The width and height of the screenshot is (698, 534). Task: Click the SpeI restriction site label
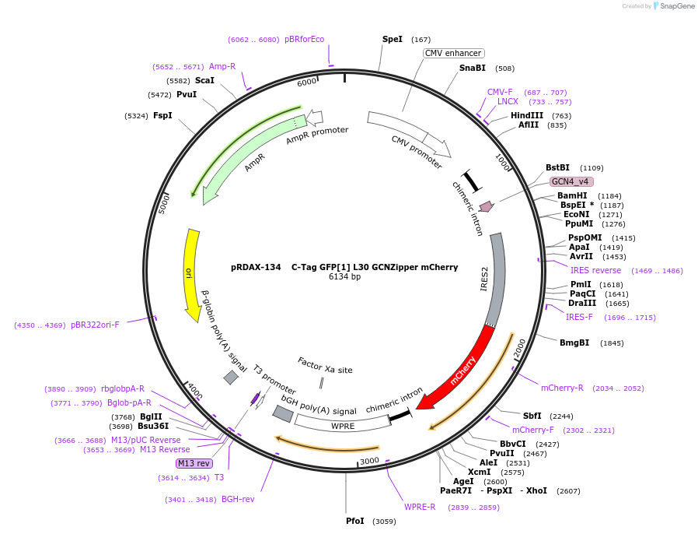pos(393,39)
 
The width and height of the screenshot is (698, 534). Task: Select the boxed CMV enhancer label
pos(453,53)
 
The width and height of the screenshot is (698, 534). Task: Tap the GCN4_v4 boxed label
pos(571,181)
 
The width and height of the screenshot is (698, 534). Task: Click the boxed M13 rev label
pos(194,463)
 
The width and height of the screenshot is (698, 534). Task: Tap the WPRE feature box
pos(343,426)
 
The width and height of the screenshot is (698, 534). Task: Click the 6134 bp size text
pos(344,276)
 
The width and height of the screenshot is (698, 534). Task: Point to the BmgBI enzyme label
pos(574,343)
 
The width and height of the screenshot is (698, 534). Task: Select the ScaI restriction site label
pos(204,80)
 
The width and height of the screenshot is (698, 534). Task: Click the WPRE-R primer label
pos(420,507)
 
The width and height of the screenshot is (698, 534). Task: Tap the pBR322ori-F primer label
pos(95,325)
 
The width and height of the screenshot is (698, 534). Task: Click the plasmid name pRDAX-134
pos(256,266)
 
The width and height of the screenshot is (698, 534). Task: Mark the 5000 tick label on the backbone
pos(165,204)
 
